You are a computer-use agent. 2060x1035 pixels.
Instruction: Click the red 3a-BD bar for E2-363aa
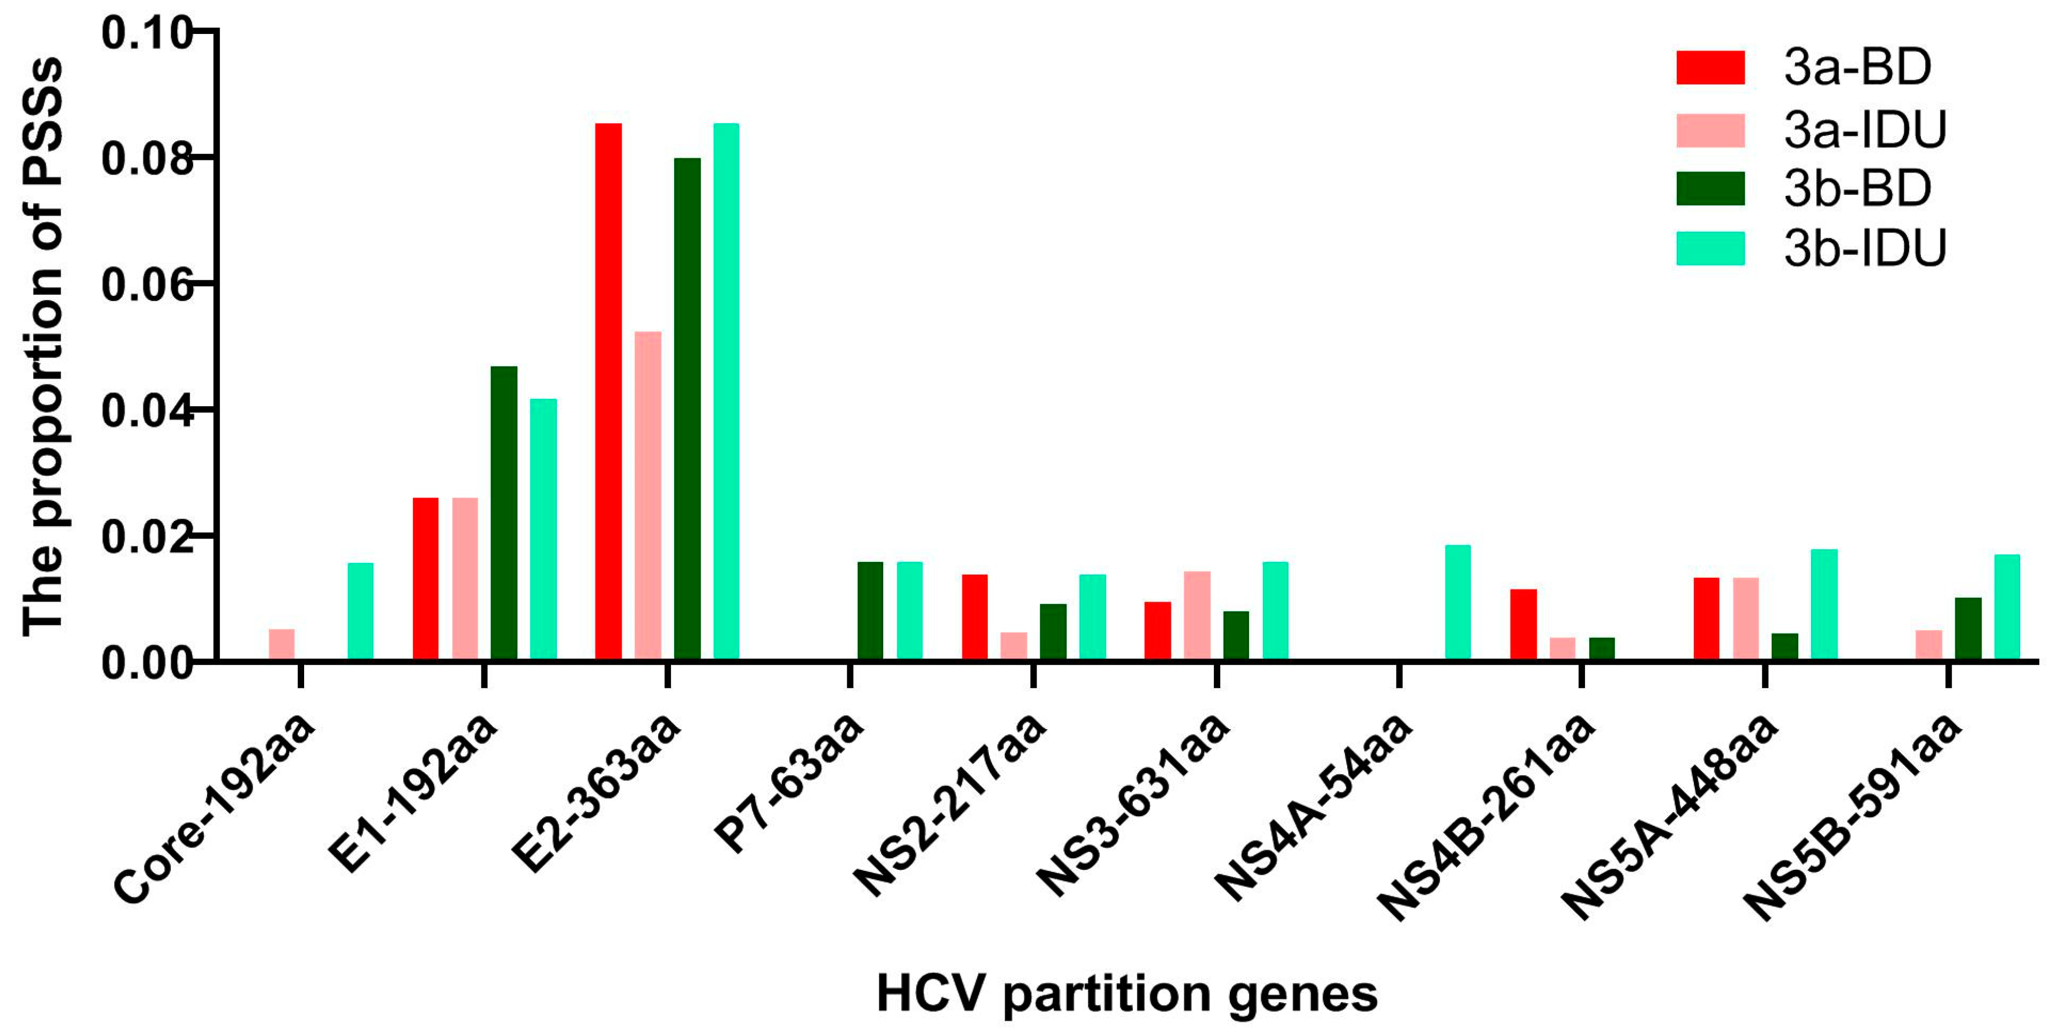609,391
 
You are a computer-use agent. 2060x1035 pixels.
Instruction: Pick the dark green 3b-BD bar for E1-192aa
504,512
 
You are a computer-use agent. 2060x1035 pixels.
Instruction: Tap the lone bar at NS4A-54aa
1458,602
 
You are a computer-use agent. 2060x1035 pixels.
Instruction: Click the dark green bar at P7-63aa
870,611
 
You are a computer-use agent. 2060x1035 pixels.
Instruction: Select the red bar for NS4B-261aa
1523,624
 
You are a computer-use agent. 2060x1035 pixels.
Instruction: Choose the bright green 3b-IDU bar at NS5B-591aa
2007,607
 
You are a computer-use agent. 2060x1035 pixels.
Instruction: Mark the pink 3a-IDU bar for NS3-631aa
1197,615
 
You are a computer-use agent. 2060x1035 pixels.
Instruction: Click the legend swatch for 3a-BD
1711,67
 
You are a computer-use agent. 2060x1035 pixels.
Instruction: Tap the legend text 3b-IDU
1865,249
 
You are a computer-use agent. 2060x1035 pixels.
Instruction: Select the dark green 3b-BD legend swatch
1711,189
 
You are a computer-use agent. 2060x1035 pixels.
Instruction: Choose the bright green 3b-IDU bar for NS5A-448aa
1824,604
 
